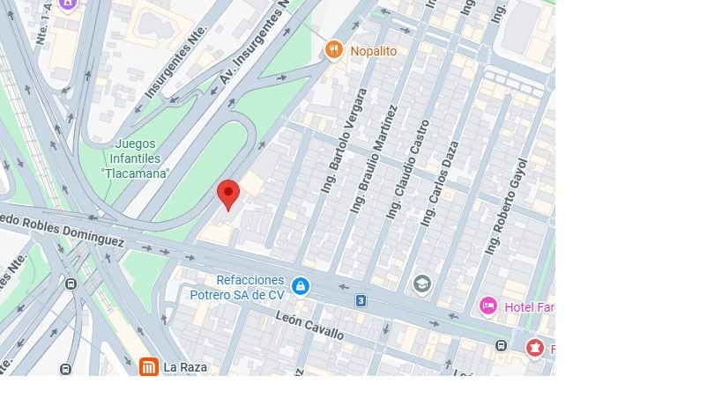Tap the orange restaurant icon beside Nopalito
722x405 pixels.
333,50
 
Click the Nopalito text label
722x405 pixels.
373,51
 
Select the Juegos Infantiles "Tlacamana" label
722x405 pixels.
135,158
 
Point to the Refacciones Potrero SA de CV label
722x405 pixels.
237,287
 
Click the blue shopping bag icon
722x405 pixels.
301,286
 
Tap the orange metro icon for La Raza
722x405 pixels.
149,367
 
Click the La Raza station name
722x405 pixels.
185,367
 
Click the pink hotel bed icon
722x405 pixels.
488,306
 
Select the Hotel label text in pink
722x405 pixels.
529,306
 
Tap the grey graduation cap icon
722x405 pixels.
422,283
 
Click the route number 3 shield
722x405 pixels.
361,301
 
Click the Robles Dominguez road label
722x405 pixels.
66,230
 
